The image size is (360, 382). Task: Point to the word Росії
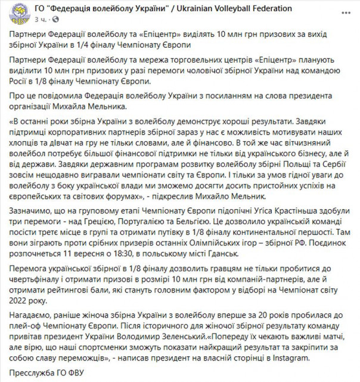tap(22, 82)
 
